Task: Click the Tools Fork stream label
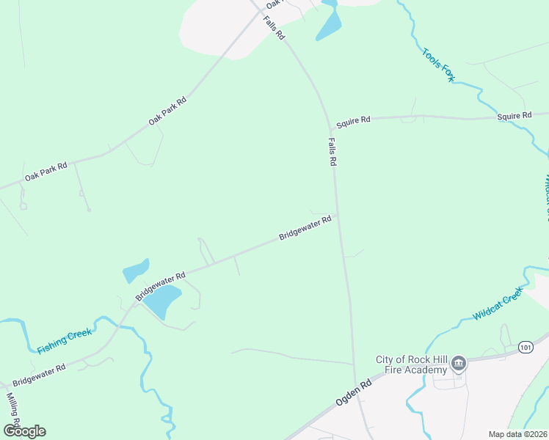tap(438, 65)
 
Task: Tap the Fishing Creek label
tap(65, 341)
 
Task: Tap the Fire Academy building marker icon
tap(458, 363)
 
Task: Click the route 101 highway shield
tap(524, 346)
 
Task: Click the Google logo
tap(24, 430)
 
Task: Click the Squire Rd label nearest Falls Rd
tap(355, 121)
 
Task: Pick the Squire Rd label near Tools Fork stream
tap(514, 116)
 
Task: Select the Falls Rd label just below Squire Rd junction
tap(332, 151)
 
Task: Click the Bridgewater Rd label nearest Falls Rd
tap(305, 228)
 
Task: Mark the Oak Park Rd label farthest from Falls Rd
tap(46, 172)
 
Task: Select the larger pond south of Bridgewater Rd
tap(162, 301)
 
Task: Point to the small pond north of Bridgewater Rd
tap(136, 271)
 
